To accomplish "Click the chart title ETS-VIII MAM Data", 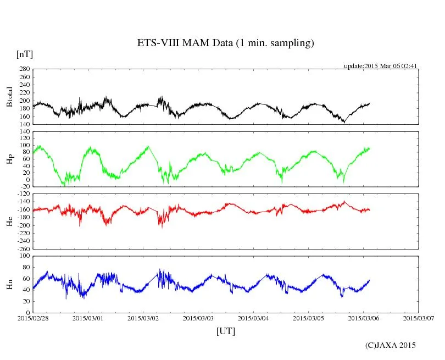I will pos(225,43).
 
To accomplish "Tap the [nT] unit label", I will pos(24,54).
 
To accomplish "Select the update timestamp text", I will pos(381,66).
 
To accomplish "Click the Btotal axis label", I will pos(9,97).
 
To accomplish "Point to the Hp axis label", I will pos(9,159).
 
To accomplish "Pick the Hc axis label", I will pos(9,221).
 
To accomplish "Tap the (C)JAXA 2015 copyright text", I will pos(391,345).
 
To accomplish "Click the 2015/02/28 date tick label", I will pos(32,318).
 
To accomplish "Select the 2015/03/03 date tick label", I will pos(198,318).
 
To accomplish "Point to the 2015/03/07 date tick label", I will pos(418,318).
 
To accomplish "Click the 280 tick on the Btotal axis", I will pos(24,69).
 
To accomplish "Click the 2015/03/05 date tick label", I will pos(308,318).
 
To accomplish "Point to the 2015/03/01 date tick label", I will pos(87,318).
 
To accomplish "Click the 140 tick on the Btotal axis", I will pos(24,124).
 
